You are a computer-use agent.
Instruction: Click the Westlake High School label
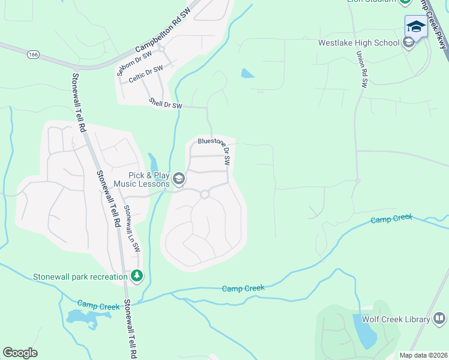(x=358, y=43)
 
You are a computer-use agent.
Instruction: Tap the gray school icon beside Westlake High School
(x=409, y=42)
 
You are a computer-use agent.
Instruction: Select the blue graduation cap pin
(x=416, y=26)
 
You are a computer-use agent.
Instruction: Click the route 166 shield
(x=33, y=55)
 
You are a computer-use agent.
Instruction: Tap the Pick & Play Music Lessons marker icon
(x=178, y=179)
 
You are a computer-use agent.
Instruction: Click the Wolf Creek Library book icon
(x=439, y=318)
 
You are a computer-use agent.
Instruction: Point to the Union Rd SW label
(x=361, y=70)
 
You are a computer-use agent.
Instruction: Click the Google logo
(x=20, y=353)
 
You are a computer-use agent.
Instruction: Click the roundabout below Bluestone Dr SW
(x=205, y=194)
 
